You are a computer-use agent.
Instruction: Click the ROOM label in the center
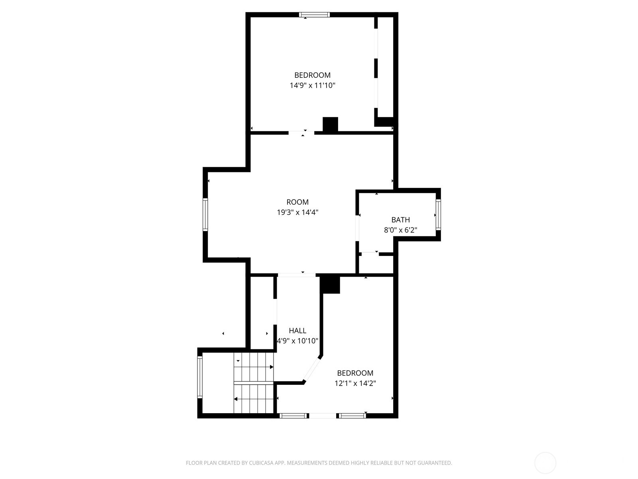297,202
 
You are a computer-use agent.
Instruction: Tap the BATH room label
400,220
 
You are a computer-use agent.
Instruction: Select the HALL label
297,331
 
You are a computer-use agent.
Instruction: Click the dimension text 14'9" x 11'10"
312,85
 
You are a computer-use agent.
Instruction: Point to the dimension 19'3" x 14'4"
297,212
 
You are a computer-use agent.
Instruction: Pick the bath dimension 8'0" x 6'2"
400,230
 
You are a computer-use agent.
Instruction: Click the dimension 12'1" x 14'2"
355,384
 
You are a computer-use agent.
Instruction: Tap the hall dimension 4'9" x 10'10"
297,341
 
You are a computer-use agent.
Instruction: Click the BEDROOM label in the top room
312,75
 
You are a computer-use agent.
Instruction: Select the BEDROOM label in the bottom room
355,373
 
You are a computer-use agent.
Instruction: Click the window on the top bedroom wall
315,15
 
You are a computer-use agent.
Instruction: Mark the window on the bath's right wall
438,215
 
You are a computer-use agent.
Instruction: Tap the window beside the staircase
200,377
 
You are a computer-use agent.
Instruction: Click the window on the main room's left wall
205,215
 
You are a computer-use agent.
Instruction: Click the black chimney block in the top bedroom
330,124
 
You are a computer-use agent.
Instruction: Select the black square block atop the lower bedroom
330,285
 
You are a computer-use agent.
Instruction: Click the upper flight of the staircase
254,367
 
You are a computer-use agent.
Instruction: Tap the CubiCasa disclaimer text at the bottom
319,463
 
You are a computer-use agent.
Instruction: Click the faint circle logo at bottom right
545,463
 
